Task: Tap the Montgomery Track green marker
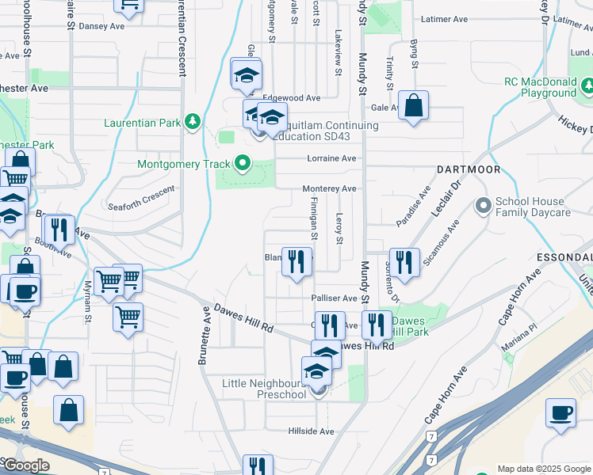tap(243, 165)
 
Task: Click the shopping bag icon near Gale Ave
tap(414, 106)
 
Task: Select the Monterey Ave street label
tap(330, 189)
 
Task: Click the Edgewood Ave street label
tap(296, 98)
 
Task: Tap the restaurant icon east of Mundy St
tap(404, 263)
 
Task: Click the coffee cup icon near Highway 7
tap(561, 413)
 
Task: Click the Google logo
tap(26, 466)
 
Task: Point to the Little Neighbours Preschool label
tap(264, 389)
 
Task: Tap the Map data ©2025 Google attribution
tap(543, 469)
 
